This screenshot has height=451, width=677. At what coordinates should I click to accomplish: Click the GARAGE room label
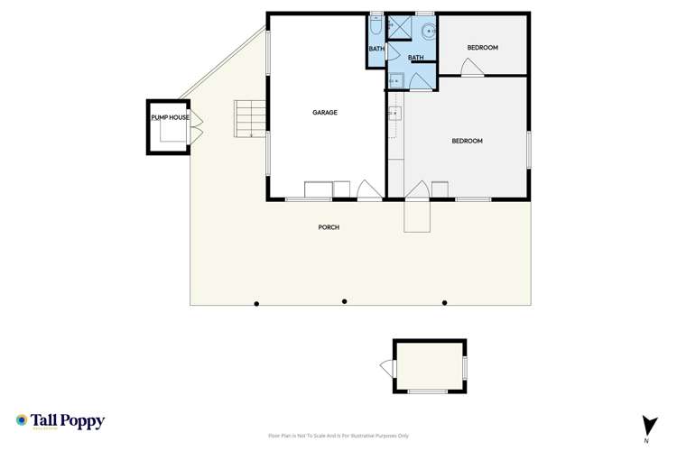click(x=325, y=113)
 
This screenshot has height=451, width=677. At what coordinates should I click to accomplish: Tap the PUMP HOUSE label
click(x=170, y=117)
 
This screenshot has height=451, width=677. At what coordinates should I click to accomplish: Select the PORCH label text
click(x=329, y=227)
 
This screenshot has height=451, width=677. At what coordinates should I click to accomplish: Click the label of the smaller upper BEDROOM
click(x=482, y=48)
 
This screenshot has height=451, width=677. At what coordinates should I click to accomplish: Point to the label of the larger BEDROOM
click(x=467, y=141)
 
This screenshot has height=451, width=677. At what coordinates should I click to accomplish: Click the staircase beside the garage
click(x=251, y=118)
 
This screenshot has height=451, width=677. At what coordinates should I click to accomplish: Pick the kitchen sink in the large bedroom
click(x=394, y=115)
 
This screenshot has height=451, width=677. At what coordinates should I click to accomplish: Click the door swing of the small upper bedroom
click(x=470, y=68)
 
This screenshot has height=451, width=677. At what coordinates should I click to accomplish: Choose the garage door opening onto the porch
click(x=368, y=190)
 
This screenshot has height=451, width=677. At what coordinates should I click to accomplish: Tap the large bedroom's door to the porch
click(x=416, y=191)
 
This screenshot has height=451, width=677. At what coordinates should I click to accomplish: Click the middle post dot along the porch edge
click(x=344, y=301)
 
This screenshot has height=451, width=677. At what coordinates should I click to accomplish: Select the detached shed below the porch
click(x=430, y=366)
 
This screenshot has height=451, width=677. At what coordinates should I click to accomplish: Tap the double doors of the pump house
click(x=195, y=125)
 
